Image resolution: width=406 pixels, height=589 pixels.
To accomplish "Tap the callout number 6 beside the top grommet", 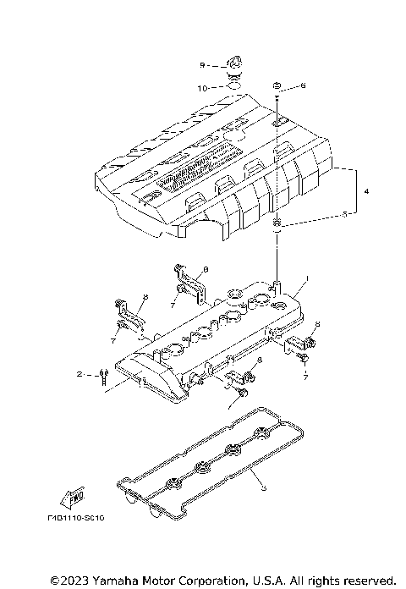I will (304, 86).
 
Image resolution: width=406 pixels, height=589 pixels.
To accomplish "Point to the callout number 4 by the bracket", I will (367, 192).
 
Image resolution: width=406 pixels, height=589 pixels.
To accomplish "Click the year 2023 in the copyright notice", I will (72, 581).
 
